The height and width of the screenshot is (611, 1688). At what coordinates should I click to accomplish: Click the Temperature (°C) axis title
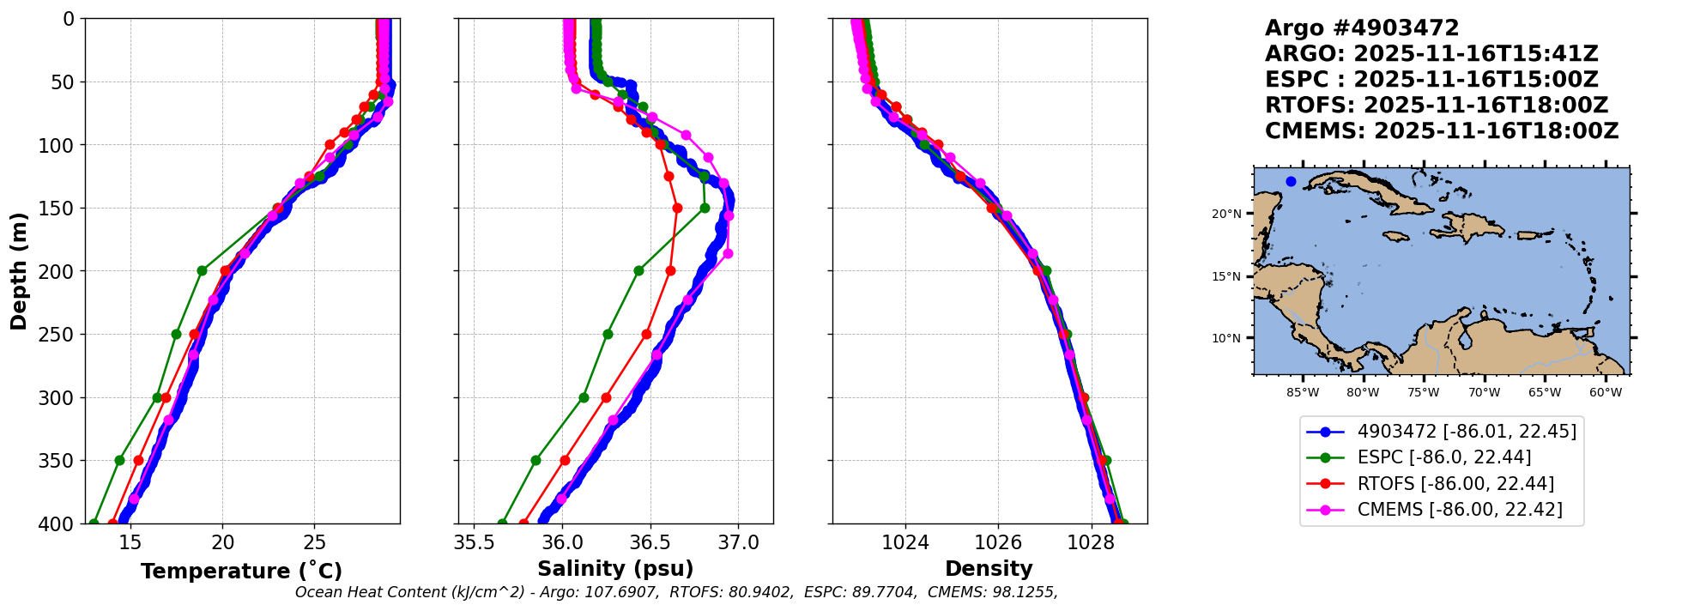point(241,571)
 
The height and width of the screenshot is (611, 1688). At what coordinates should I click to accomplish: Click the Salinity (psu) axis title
point(615,569)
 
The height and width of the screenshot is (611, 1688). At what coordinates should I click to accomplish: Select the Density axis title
point(989,569)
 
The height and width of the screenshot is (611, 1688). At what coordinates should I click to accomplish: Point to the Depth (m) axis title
point(19,271)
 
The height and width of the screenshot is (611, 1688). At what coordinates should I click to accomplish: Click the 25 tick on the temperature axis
point(315,542)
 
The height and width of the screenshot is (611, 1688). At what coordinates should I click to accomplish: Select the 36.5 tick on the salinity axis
point(650,542)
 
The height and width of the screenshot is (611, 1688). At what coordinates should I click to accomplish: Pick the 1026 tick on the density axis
point(998,542)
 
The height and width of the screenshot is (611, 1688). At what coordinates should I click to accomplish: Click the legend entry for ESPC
point(1443,457)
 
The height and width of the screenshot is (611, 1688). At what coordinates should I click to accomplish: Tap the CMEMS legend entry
point(1459,510)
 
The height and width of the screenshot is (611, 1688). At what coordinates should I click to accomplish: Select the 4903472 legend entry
point(1466,432)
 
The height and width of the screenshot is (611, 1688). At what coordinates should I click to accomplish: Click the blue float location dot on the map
point(1291,181)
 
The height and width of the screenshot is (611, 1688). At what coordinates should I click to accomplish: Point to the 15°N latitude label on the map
point(1226,277)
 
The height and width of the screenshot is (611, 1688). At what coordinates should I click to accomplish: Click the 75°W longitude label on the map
point(1423,393)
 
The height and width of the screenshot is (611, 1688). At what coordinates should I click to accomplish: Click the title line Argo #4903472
point(1361,28)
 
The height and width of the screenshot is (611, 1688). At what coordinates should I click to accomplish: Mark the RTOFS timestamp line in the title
point(1436,106)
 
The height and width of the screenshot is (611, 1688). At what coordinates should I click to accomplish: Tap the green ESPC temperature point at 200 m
point(203,271)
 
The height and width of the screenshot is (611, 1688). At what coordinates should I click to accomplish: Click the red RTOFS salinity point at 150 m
point(677,208)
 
